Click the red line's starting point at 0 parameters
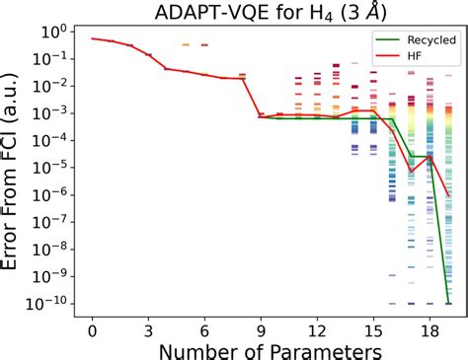[93, 38]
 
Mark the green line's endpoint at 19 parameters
[448, 303]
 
